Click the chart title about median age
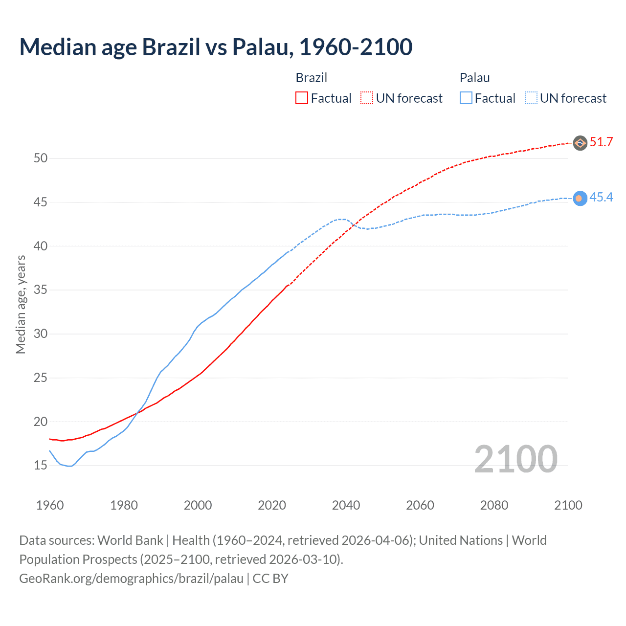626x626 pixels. [x=216, y=47]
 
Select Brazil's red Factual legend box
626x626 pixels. [x=302, y=98]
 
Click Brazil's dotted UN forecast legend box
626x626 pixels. [x=367, y=98]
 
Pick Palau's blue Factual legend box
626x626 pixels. [x=466, y=98]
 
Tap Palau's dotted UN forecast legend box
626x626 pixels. [x=531, y=98]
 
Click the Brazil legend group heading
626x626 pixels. [x=311, y=78]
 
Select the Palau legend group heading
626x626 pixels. [x=474, y=78]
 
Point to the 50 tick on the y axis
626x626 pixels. [x=41, y=158]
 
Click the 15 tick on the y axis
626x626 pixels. [x=41, y=465]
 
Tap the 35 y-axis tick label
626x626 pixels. [x=41, y=290]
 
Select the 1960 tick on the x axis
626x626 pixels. [x=50, y=505]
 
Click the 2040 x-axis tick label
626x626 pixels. [x=346, y=505]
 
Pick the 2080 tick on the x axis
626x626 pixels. [x=494, y=505]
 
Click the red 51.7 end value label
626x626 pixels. [x=601, y=142]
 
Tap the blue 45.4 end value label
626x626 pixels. [x=601, y=197]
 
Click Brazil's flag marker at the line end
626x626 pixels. [x=580, y=143]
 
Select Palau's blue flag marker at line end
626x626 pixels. [x=580, y=198]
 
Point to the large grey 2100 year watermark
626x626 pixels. [x=515, y=459]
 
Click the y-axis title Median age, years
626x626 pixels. [x=21, y=304]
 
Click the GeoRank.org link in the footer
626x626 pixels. [x=131, y=579]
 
